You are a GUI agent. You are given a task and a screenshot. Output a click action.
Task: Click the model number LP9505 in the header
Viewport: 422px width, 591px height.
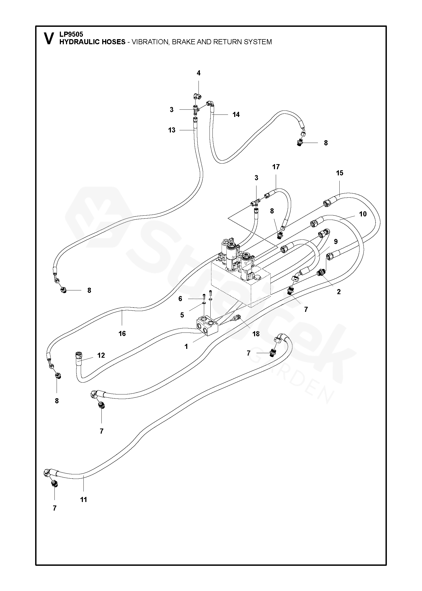pyautogui.click(x=71, y=34)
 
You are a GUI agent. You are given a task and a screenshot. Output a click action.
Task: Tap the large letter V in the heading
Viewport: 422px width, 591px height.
pyautogui.click(x=49, y=39)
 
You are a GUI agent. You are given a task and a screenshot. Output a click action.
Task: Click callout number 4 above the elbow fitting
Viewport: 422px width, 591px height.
pyautogui.click(x=199, y=73)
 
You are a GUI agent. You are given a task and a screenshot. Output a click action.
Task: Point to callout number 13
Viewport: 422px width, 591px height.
pyautogui.click(x=172, y=130)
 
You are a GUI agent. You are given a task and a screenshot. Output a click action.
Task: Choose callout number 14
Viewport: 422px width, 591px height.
pyautogui.click(x=236, y=114)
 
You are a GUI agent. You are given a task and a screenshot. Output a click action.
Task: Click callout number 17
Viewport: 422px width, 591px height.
pyautogui.click(x=276, y=167)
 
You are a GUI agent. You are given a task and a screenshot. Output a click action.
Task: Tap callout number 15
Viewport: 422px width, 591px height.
pyautogui.click(x=340, y=173)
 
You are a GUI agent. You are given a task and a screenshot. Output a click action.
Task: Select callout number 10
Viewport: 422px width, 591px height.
pyautogui.click(x=363, y=214)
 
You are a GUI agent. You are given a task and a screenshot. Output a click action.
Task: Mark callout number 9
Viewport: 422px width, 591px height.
pyautogui.click(x=336, y=241)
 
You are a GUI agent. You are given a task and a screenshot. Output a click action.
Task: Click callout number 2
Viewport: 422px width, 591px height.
pyautogui.click(x=339, y=292)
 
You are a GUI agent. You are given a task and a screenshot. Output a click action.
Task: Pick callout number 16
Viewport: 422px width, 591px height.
pyautogui.click(x=122, y=333)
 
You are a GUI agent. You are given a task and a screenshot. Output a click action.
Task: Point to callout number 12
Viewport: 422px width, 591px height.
pyautogui.click(x=101, y=355)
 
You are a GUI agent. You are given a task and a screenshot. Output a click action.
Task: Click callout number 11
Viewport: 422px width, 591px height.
pyautogui.click(x=83, y=500)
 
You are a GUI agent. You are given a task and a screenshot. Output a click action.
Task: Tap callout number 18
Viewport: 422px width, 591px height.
pyautogui.click(x=256, y=334)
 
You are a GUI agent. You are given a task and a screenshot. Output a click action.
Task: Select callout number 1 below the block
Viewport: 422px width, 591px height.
pyautogui.click(x=186, y=346)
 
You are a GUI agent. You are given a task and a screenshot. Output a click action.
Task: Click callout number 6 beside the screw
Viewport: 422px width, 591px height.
pyautogui.click(x=180, y=299)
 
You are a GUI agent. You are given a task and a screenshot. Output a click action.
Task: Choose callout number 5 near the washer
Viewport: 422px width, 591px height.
pyautogui.click(x=182, y=315)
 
